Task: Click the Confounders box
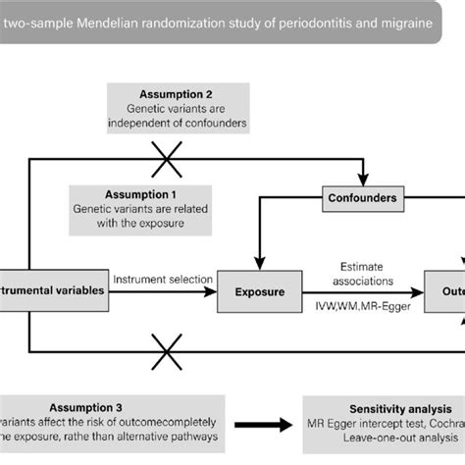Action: pos(362,198)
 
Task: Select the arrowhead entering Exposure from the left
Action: pos(212,291)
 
